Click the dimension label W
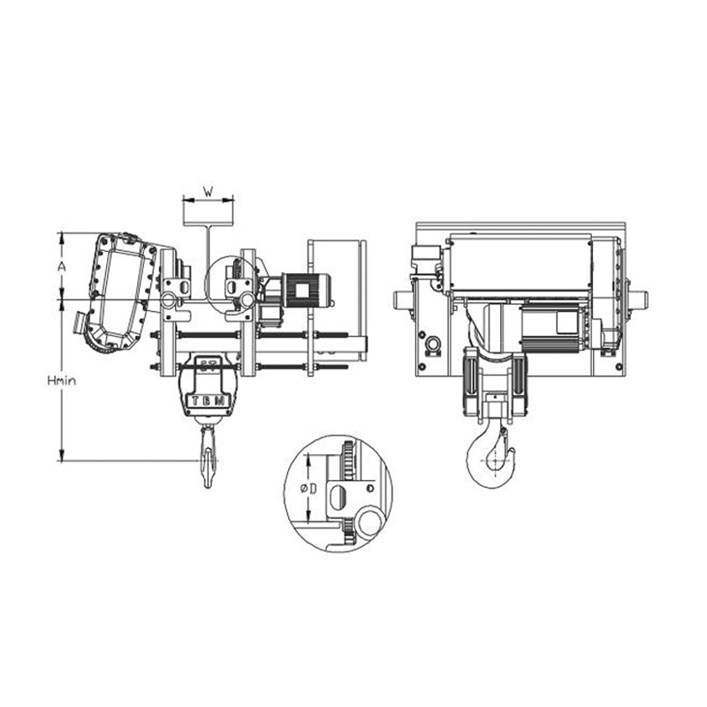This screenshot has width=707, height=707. coord(208,190)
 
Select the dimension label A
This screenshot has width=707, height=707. coord(61,266)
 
